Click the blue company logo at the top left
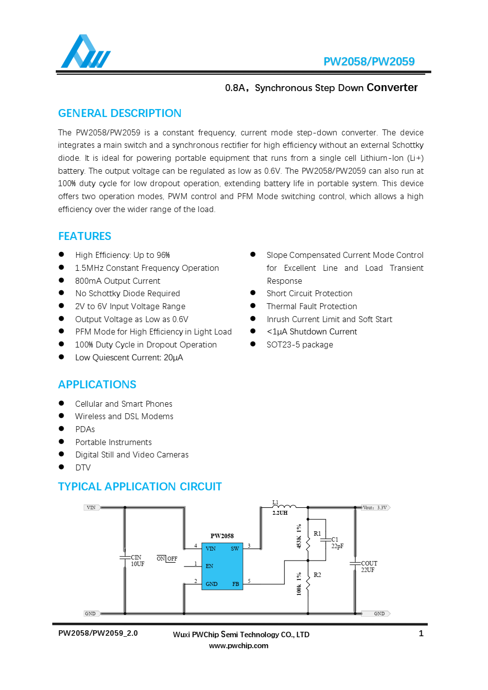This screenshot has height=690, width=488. (x=85, y=52)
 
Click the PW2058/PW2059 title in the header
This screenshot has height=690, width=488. (x=368, y=62)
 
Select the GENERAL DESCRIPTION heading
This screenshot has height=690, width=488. (x=120, y=114)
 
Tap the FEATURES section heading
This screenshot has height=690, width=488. (x=85, y=236)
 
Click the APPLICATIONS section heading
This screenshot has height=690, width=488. (x=97, y=385)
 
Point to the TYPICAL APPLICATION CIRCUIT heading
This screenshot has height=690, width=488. (x=140, y=487)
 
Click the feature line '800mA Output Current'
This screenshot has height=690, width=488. (x=118, y=281)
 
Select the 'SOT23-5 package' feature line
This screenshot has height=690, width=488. (x=300, y=345)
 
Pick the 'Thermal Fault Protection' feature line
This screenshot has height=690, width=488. (x=312, y=307)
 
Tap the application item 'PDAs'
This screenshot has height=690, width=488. (x=85, y=430)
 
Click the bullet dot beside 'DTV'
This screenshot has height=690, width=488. (x=62, y=467)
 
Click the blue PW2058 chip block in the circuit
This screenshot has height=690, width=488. (x=222, y=566)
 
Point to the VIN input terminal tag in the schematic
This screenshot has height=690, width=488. (x=92, y=508)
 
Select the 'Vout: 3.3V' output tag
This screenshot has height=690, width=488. (x=375, y=508)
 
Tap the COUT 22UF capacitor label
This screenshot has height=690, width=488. (x=369, y=567)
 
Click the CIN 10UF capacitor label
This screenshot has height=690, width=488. (x=137, y=561)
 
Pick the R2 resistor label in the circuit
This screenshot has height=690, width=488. (x=317, y=575)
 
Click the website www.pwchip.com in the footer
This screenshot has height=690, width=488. (x=239, y=646)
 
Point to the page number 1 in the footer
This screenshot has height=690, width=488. (x=421, y=634)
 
